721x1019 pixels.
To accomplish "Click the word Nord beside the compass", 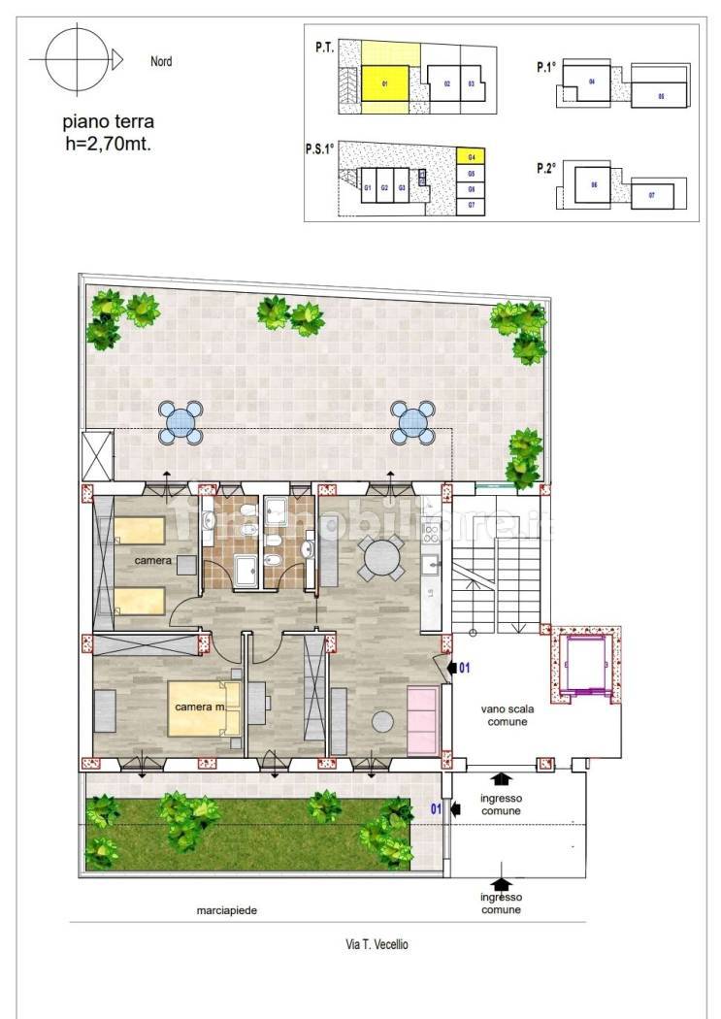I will point(161,61).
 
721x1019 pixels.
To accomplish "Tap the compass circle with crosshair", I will point(74,59).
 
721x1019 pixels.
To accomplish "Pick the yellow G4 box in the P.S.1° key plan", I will point(471,156).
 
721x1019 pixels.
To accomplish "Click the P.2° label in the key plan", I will point(544,168).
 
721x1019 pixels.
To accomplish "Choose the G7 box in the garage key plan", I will point(471,206).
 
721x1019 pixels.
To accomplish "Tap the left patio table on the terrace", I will point(180,422).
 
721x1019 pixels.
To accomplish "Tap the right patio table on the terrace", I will point(411,422).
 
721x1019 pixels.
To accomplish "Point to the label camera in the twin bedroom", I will point(154,561).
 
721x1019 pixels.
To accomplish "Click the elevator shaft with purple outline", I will point(585,666).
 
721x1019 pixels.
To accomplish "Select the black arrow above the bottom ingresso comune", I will point(501,883).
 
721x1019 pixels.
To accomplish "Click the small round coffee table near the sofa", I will point(383,722).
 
